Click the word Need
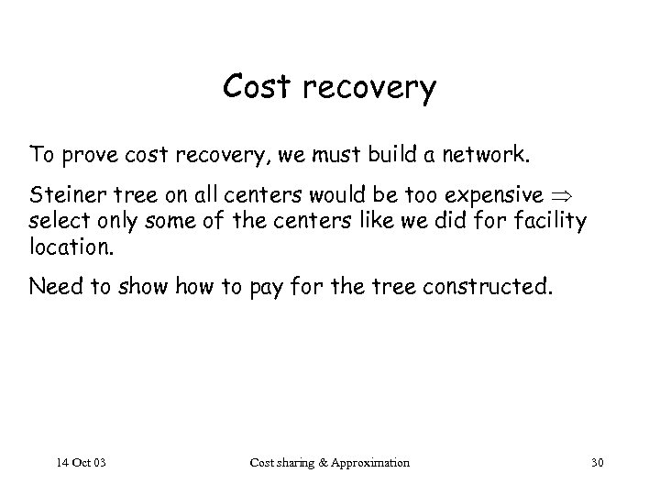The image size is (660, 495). pyautogui.click(x=53, y=288)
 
